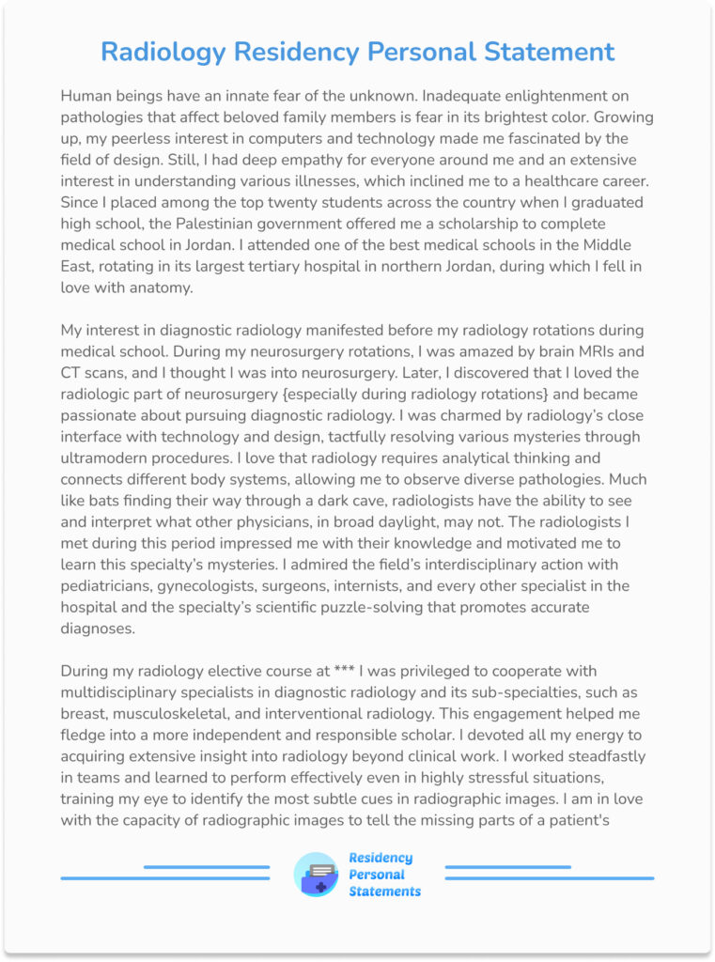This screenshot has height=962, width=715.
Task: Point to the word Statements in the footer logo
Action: [x=384, y=892]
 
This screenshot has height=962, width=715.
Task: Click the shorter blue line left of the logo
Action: [x=206, y=866]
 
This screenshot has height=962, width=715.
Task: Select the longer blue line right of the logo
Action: [x=549, y=878]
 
